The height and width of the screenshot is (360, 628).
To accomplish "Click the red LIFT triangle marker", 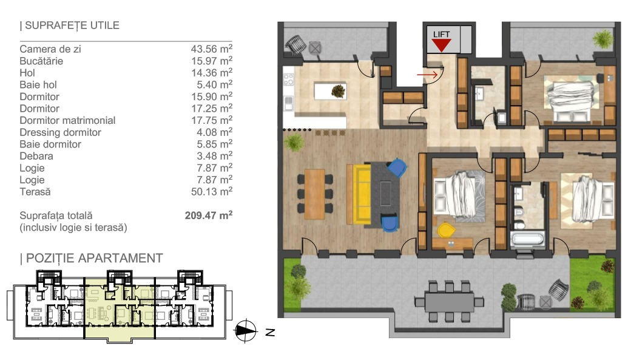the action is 441,45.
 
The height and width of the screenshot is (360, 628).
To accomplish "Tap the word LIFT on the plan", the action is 441,35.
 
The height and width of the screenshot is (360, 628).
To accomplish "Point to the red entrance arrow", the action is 427,75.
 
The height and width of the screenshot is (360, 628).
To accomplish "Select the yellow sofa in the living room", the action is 359,193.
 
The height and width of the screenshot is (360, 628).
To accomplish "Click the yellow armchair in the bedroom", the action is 446,230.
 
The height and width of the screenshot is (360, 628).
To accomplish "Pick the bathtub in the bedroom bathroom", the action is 527,240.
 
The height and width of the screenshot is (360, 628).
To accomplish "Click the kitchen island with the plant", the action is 330,91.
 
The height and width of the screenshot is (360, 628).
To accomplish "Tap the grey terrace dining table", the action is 449,301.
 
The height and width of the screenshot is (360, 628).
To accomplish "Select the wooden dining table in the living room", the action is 314,194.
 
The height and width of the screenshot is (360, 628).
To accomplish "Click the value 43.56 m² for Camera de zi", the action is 212,49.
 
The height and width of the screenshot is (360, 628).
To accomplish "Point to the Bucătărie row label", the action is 41,61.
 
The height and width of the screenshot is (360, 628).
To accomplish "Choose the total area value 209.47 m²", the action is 208,216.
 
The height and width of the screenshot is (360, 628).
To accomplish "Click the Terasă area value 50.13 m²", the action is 212,192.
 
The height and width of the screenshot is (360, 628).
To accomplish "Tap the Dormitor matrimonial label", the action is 67,120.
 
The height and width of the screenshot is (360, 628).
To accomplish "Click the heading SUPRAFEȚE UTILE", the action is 70,25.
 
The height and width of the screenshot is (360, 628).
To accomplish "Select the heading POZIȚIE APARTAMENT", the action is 91,258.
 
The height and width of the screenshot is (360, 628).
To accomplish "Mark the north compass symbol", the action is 246,331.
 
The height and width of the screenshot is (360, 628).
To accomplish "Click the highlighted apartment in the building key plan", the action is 119,308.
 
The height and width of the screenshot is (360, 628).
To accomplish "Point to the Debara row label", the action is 36,156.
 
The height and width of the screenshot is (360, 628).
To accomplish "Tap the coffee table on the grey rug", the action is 386,193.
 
